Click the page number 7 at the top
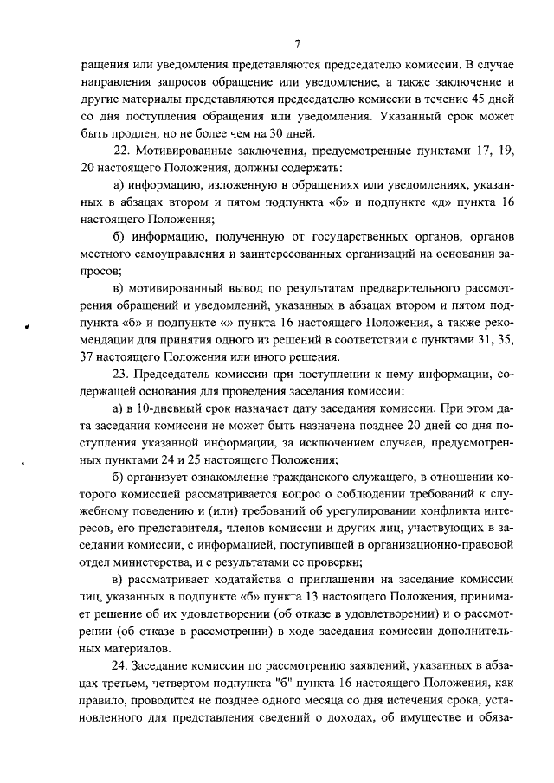[296, 44]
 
